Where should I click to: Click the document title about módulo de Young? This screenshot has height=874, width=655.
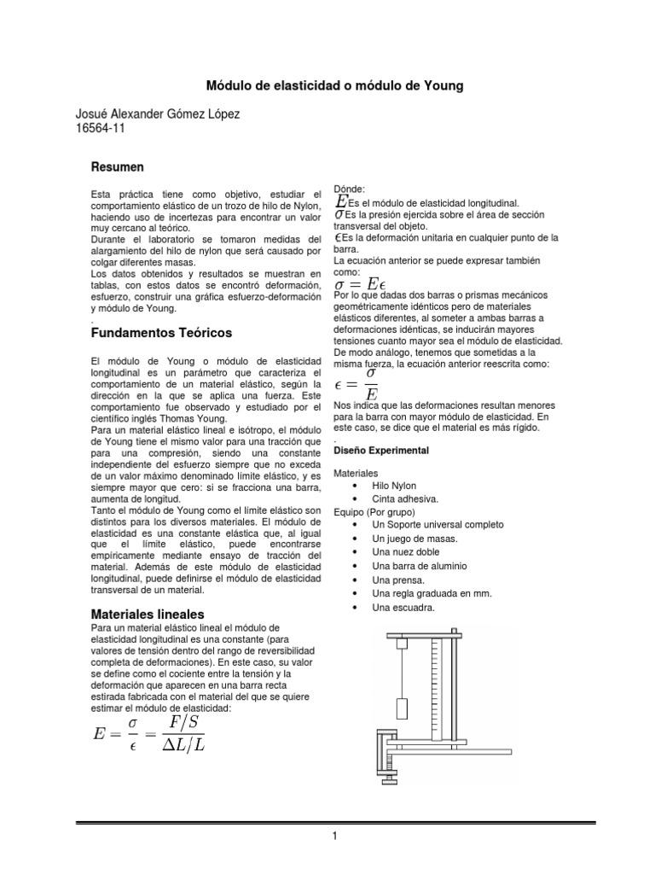(x=336, y=86)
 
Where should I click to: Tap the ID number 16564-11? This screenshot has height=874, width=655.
(x=101, y=130)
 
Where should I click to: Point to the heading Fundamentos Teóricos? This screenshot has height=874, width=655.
(x=160, y=331)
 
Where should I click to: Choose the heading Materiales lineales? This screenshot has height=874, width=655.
(x=147, y=614)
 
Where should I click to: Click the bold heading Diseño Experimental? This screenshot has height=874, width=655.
(x=380, y=450)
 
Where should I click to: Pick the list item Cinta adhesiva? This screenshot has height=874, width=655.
(x=404, y=498)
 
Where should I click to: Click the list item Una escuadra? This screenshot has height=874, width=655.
(x=403, y=607)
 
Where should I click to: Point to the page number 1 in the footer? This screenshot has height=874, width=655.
(x=336, y=836)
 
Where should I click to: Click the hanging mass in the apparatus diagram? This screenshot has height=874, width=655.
(x=403, y=708)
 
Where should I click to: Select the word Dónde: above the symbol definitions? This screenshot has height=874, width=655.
(x=350, y=189)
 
